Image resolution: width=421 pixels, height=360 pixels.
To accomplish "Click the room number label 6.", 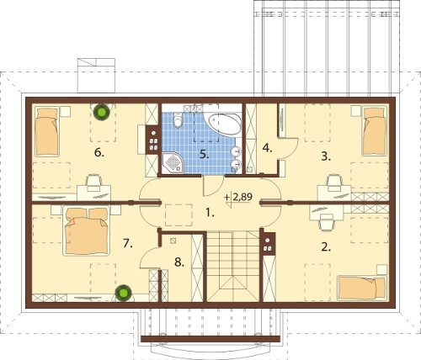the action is coord(99,153).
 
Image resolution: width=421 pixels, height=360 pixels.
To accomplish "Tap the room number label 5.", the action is coord(205,154).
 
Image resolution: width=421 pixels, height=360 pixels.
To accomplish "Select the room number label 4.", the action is coord(267,148).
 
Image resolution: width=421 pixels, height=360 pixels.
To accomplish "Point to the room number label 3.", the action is coord(326,156).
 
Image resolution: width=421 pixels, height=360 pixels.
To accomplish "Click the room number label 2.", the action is coord(325,247).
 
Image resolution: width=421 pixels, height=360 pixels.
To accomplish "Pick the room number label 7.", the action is coord(128,244).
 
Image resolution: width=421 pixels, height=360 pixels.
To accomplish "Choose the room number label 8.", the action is coord(179,262).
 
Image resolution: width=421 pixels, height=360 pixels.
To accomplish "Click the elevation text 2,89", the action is coord(242,197).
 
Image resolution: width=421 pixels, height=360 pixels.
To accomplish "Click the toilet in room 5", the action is coord(178,120).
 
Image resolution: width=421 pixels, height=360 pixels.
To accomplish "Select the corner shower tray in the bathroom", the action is coord(173,162).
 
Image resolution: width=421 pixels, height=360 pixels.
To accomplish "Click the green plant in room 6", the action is coord(102,112).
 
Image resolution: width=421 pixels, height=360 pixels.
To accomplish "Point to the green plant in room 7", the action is coord(124,293).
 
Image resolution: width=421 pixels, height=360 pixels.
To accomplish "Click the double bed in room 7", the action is coord(86,231).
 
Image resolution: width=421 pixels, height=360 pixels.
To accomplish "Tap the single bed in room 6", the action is coord(47,131).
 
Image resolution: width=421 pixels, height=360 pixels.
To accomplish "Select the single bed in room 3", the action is coord(375,131).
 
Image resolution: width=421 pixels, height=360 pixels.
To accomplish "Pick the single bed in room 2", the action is coord(362,288).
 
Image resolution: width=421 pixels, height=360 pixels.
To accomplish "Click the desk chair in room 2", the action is coord(327,221).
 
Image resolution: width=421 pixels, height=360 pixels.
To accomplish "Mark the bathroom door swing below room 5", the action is coord(213,186).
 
